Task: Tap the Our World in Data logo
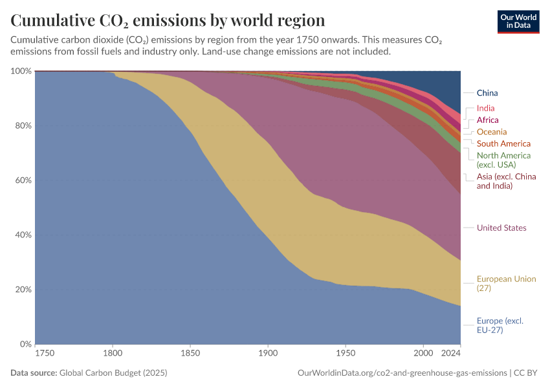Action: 518,21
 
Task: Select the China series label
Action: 487,93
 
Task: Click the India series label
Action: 485,109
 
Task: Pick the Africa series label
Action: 487,120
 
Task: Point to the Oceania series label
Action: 492,132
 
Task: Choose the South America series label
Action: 503,144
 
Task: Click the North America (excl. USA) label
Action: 503,160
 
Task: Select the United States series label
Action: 501,228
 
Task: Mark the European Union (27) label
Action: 506,283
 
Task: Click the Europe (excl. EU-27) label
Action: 500,325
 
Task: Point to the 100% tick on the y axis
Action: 21,70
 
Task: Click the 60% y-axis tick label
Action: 23,180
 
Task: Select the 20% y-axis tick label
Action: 23,289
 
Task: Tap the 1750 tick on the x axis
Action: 45,354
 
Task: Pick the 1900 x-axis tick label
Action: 268,354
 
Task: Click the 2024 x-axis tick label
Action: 451,354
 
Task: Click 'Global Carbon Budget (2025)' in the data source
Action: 113,373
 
